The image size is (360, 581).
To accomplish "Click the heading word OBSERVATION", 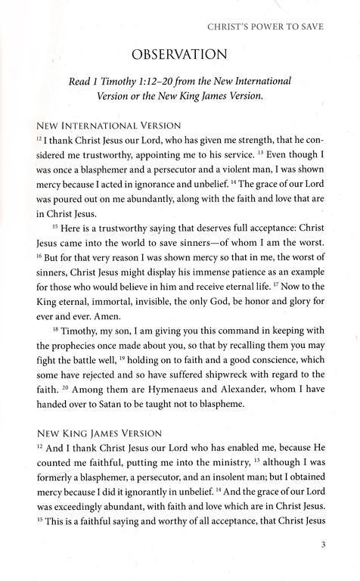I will pyautogui.click(x=179, y=55).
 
